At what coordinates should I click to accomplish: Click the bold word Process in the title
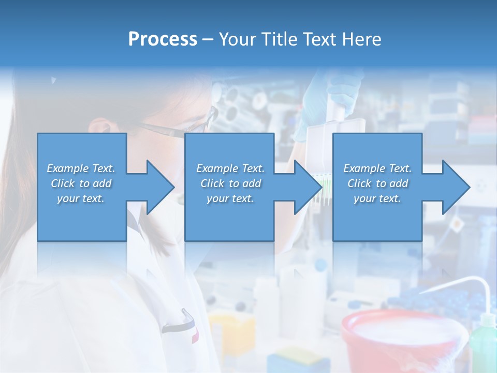162,39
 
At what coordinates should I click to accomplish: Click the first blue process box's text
81,183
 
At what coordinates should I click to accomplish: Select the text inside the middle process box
230,183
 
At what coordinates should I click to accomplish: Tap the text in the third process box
377,183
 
